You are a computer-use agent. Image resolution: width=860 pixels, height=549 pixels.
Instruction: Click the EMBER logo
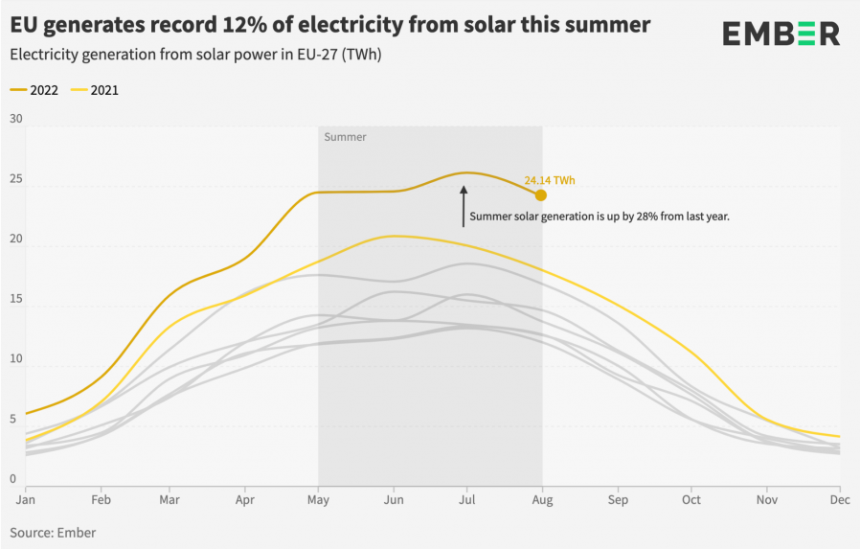[x=781, y=34]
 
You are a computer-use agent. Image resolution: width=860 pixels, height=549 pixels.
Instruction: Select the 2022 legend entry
[x=34, y=90]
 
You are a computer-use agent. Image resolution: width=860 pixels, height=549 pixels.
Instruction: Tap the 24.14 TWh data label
[x=549, y=180]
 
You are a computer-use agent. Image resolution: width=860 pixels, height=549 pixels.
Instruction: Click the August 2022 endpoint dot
[x=541, y=195]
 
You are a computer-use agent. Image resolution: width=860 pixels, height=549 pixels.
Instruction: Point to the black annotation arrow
[x=464, y=206]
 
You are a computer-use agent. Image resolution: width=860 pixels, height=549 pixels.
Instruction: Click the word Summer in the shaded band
[x=345, y=137]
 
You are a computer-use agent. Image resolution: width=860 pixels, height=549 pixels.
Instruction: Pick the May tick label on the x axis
[x=318, y=499]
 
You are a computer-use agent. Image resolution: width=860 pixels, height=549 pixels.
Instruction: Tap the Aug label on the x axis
[x=541, y=499]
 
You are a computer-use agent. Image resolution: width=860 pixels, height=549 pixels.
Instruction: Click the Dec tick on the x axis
[x=839, y=499]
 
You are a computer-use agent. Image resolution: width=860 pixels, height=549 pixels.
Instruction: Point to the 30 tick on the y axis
[x=15, y=119]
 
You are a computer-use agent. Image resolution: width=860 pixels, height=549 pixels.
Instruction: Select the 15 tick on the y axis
[x=15, y=306]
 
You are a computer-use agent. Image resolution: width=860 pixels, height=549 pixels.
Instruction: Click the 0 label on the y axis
[x=12, y=479]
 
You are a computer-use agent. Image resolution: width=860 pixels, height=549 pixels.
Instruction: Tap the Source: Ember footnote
[x=53, y=532]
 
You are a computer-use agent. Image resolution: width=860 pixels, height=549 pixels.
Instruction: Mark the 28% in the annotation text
[x=639, y=217]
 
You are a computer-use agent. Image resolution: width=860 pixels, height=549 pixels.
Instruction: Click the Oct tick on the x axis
[x=690, y=499]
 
